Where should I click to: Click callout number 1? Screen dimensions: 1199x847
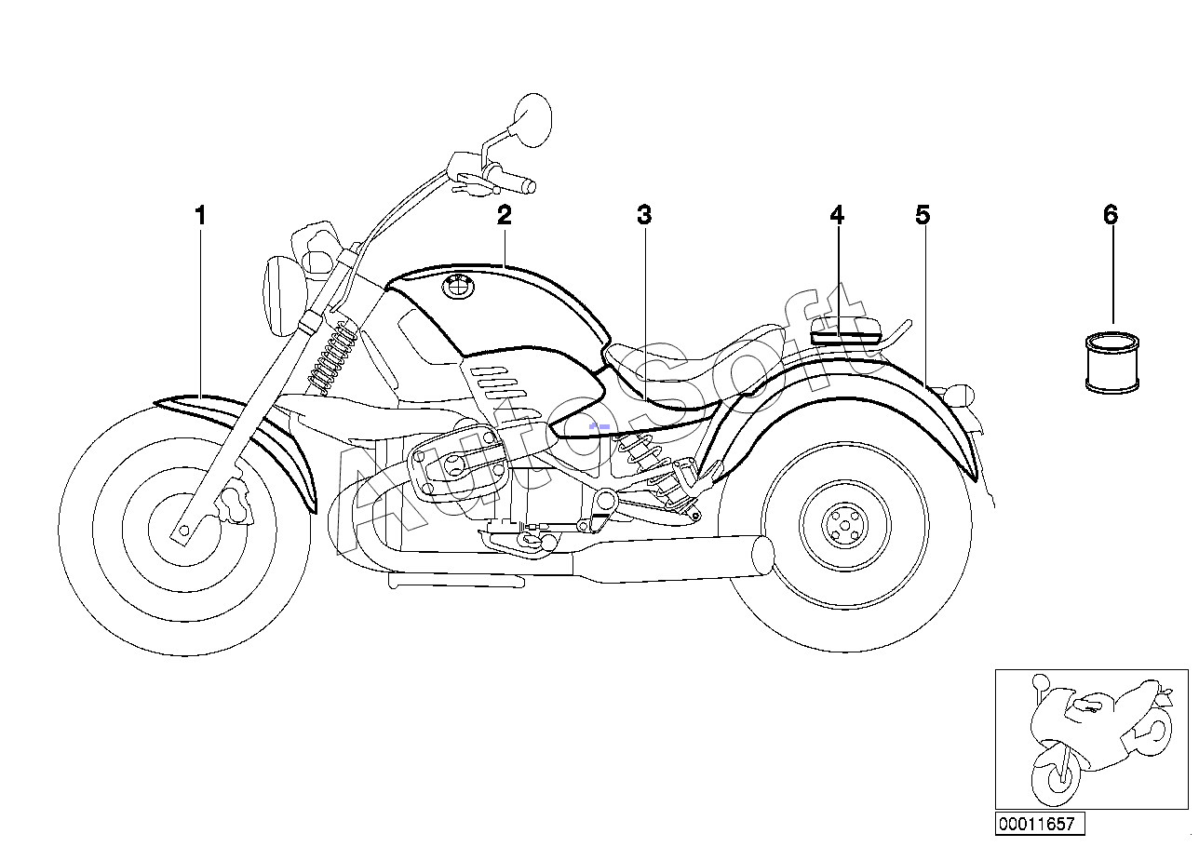(x=200, y=216)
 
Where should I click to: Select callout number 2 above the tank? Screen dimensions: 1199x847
(x=505, y=215)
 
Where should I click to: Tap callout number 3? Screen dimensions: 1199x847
(x=644, y=215)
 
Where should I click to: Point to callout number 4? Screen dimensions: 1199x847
(x=837, y=215)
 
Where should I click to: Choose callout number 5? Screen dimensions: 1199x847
(x=923, y=215)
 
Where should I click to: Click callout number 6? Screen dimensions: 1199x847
(x=1111, y=215)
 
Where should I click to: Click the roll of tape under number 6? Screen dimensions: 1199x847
(x=1111, y=363)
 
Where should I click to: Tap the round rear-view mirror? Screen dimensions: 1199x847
(x=532, y=120)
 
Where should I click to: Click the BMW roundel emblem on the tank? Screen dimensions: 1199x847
(x=458, y=287)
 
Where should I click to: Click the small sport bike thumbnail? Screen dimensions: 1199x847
(x=1091, y=739)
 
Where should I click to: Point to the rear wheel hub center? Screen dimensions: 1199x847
(x=845, y=526)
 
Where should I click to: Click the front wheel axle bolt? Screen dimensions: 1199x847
(x=183, y=531)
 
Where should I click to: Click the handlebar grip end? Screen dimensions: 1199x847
(x=529, y=187)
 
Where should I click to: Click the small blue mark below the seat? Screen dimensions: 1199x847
(x=599, y=426)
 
